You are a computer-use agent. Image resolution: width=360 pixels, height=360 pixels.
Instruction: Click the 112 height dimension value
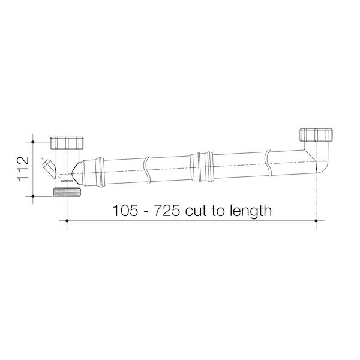(23, 169)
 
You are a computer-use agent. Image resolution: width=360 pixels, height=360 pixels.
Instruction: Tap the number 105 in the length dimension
(125, 211)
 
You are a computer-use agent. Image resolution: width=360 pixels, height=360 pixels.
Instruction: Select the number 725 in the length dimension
(167, 211)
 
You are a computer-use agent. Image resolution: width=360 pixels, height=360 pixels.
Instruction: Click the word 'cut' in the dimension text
(196, 211)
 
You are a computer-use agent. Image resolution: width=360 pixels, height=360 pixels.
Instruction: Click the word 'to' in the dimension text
(218, 211)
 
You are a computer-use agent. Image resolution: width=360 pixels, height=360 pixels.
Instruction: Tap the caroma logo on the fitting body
(67, 181)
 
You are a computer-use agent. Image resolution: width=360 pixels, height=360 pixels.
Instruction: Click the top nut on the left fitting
(67, 143)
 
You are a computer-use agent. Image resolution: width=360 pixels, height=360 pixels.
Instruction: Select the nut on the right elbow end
(316, 135)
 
